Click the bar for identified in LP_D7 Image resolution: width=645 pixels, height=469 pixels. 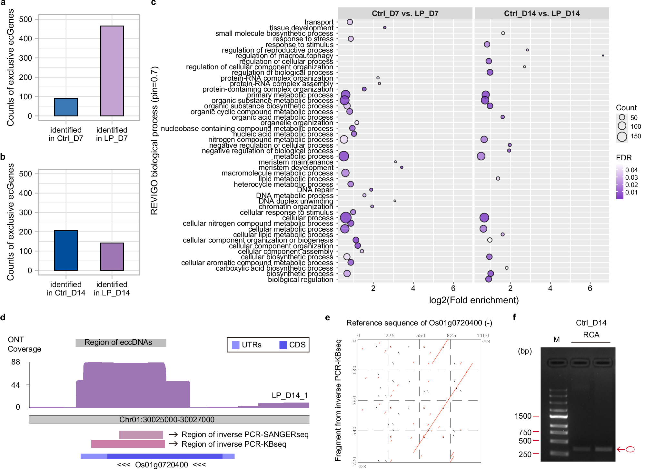click(x=112, y=71)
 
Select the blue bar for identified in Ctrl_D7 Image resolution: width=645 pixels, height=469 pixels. click(x=66, y=107)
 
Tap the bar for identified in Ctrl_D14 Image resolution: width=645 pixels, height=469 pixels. click(x=66, y=250)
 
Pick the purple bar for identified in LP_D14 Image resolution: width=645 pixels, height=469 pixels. click(x=112, y=256)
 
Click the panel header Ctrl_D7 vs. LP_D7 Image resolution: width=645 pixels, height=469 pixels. click(x=405, y=14)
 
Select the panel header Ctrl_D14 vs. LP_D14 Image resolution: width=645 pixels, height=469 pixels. click(x=541, y=14)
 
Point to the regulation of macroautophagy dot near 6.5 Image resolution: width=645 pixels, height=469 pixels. click(x=603, y=55)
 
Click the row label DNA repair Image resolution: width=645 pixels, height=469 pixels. click(x=315, y=190)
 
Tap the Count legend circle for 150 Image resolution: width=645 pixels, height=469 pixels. click(x=622, y=137)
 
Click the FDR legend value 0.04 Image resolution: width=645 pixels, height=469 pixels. click(x=631, y=170)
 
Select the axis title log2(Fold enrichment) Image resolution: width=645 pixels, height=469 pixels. click(x=473, y=300)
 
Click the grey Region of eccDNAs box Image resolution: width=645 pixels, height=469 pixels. click(x=121, y=343)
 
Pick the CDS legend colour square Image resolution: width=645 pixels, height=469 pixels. click(x=283, y=345)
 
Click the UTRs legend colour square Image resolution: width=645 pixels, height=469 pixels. click(x=235, y=345)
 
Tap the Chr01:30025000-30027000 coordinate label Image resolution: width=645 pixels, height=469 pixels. click(x=167, y=419)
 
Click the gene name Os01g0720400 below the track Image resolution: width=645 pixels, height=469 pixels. click(x=161, y=464)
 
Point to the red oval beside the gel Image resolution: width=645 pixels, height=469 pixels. click(x=630, y=449)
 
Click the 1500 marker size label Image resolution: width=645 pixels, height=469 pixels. click(x=523, y=416)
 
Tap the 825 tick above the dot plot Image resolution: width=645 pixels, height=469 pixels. click(x=451, y=335)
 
